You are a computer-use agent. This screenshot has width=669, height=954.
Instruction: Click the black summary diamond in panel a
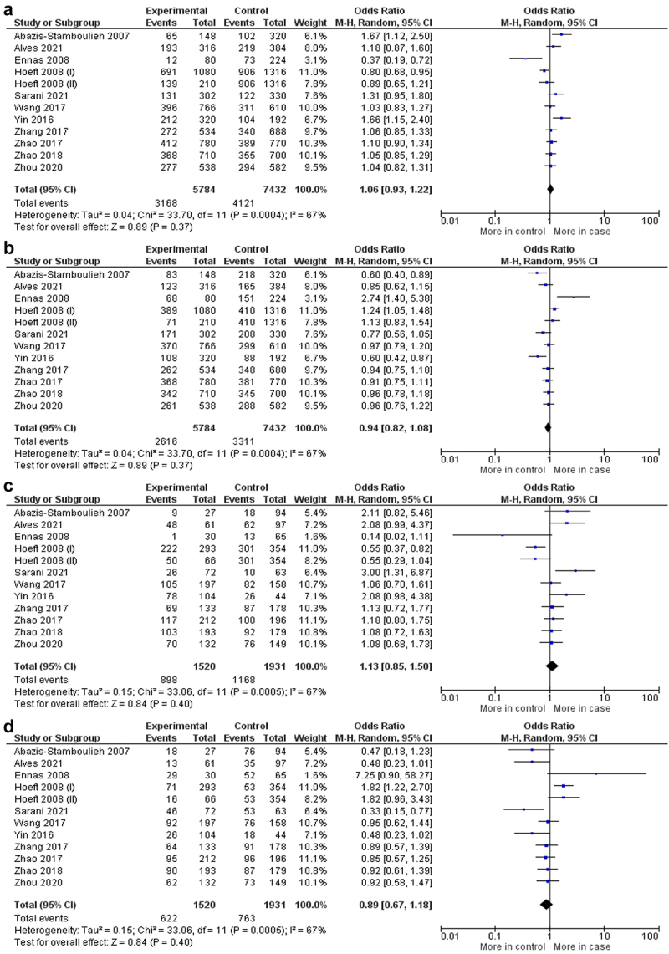pyautogui.click(x=549, y=190)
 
